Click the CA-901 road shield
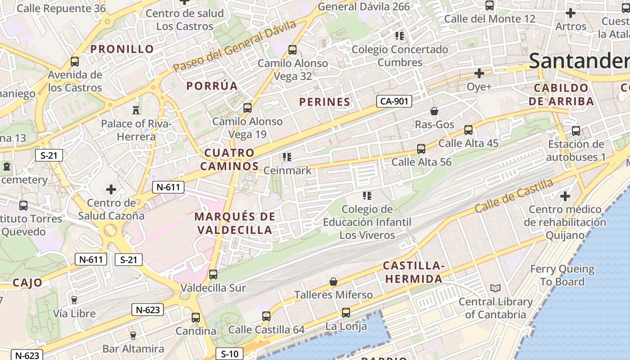tap(394, 101)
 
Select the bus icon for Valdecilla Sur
tap(213, 274)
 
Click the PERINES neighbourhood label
tap(324, 102)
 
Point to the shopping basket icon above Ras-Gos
tap(434, 111)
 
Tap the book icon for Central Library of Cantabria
tap(495, 288)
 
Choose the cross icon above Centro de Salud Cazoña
tap(111, 189)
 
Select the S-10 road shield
tap(229, 354)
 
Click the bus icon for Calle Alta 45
tap(468, 130)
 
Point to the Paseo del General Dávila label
tap(234, 45)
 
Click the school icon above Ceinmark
tap(287, 157)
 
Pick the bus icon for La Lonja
tap(346, 312)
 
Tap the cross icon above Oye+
tap(479, 73)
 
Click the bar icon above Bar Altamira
tap(133, 335)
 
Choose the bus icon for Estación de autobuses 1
tap(576, 131)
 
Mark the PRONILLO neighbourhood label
tap(122, 49)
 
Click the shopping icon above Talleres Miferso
tap(333, 282)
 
